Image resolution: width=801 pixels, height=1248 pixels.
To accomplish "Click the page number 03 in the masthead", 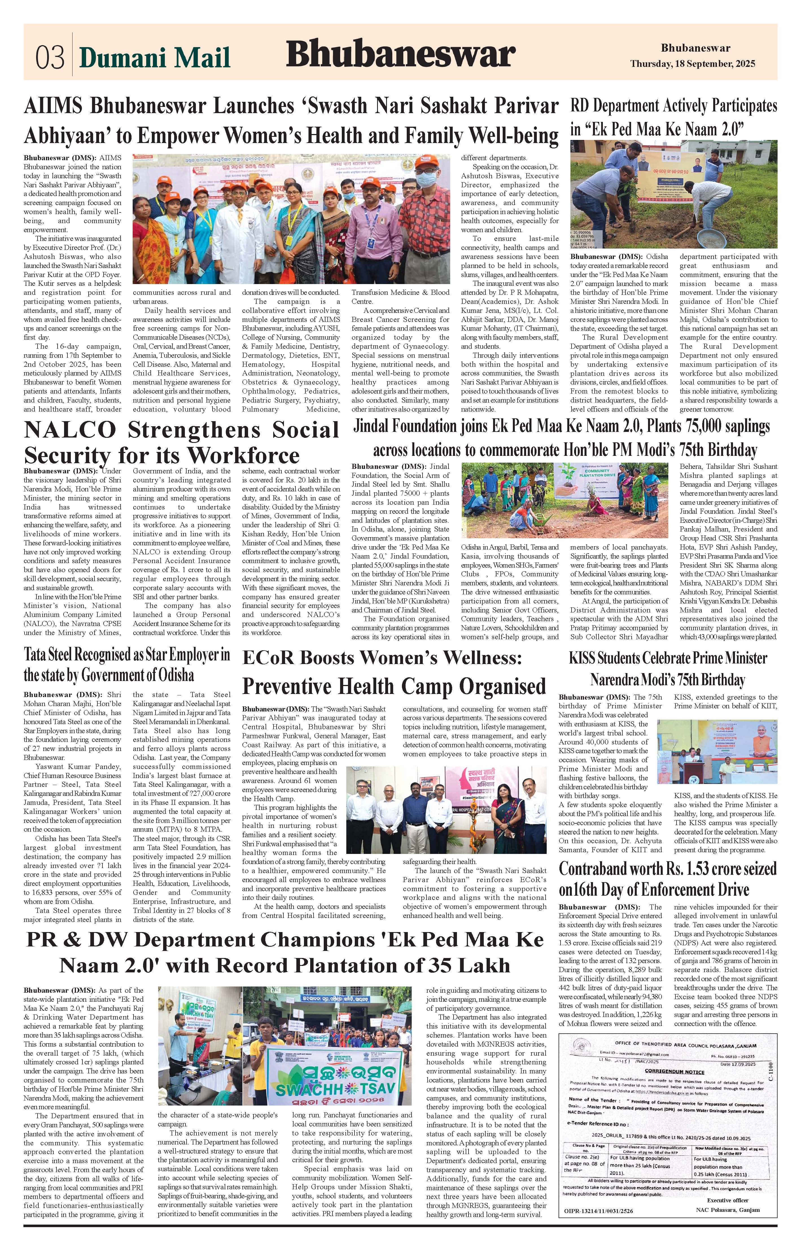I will point(50,57).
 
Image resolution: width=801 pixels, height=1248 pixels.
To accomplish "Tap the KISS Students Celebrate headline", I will point(668,669).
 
